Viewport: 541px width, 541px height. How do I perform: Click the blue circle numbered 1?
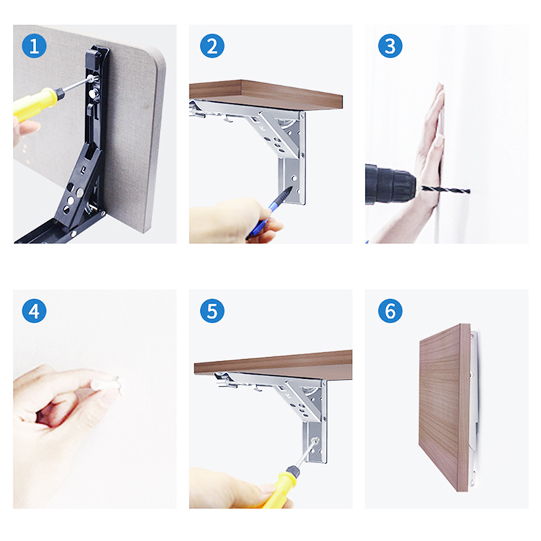(34, 46)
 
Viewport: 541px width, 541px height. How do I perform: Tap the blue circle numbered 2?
(212, 46)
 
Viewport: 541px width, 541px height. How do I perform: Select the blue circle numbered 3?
(390, 46)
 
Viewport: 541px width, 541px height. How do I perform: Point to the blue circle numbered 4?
(34, 311)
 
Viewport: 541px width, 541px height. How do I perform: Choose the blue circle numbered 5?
(212, 311)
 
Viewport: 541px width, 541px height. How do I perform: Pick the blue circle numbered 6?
(390, 311)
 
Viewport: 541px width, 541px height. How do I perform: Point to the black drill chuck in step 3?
(391, 185)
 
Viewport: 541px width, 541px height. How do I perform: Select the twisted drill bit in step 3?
(444, 190)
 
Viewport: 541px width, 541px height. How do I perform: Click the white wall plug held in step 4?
(105, 384)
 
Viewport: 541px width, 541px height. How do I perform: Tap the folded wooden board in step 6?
(444, 407)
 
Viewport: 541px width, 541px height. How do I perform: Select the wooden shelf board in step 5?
(273, 366)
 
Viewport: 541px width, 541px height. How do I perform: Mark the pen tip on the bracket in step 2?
(291, 188)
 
